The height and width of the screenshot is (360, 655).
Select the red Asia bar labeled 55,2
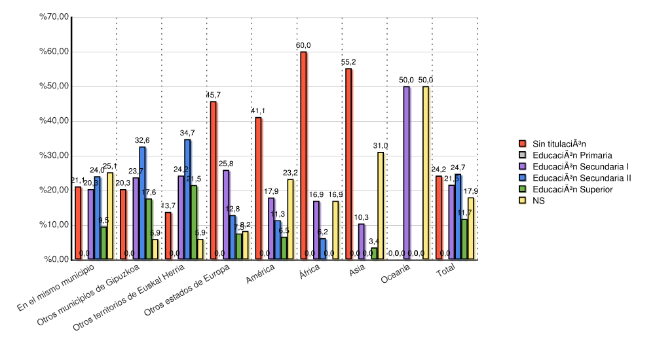click(348, 164)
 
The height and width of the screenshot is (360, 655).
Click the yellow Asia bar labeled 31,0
click(380, 206)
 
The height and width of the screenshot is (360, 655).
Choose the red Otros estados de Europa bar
click(213, 181)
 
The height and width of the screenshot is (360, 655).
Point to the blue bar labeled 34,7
click(187, 200)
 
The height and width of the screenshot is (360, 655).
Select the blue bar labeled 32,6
click(142, 203)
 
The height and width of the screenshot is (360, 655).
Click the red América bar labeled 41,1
click(258, 189)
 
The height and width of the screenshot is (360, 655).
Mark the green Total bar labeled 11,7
click(464, 240)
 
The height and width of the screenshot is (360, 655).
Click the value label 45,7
click(214, 95)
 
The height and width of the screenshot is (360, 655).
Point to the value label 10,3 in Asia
click(362, 217)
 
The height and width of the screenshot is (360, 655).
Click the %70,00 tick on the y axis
click(54, 17)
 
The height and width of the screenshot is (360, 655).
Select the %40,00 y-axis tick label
click(54, 121)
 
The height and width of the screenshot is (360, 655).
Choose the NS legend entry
click(538, 201)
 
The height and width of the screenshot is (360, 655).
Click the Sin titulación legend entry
click(559, 143)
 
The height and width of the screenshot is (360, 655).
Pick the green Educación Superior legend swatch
click(523, 189)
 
